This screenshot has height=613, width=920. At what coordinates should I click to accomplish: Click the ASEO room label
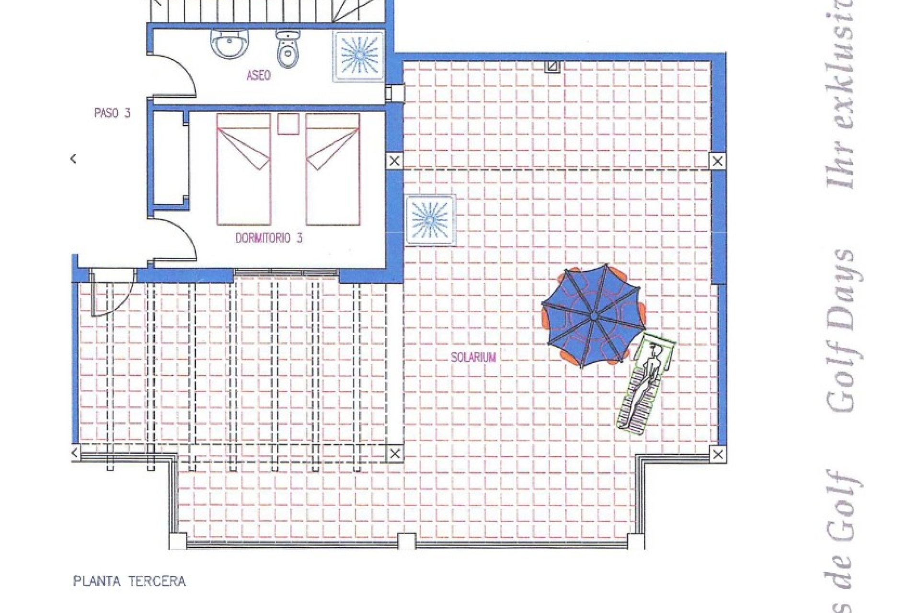point(258,75)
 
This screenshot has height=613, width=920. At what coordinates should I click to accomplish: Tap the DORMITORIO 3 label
point(269,238)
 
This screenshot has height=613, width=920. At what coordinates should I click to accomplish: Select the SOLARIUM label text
point(473,357)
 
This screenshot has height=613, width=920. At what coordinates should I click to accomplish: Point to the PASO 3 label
point(112,113)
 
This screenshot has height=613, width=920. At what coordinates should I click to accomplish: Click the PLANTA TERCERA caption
point(129,581)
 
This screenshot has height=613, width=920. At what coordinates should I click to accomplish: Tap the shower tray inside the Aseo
point(359,56)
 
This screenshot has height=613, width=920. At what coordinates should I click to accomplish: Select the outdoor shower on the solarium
point(430,220)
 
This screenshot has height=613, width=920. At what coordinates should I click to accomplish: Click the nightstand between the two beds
point(288,124)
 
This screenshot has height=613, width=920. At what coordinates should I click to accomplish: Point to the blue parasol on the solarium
point(593,316)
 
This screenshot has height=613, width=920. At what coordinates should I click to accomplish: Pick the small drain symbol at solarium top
point(552,66)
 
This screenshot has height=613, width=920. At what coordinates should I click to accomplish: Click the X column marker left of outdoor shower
point(394,161)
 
